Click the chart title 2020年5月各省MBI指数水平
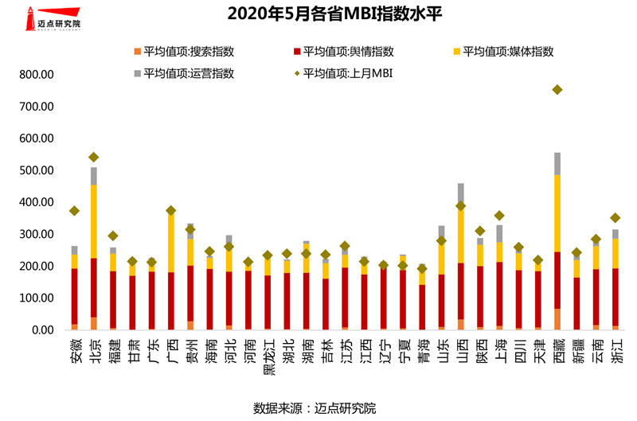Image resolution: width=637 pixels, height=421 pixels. pyautogui.click(x=334, y=14)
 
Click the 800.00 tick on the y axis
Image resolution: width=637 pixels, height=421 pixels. pyautogui.click(x=35, y=75)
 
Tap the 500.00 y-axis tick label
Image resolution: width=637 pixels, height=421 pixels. pyautogui.click(x=35, y=170)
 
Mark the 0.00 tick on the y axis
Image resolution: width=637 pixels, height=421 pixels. pyautogui.click(x=41, y=330)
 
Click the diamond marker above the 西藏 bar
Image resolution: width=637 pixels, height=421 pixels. pyautogui.click(x=557, y=90)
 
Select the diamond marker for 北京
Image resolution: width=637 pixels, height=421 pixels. pyautogui.click(x=94, y=158)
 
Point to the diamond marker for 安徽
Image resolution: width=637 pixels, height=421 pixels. pyautogui.click(x=74, y=211)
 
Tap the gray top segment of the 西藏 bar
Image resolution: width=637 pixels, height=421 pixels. pyautogui.click(x=557, y=163)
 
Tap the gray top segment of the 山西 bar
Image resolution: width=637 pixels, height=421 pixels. pyautogui.click(x=461, y=193)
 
